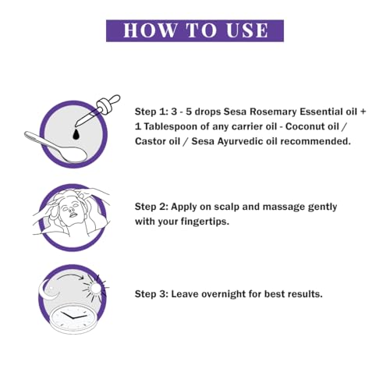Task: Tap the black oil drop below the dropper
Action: [x=76, y=134]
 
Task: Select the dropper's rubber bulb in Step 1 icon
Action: [x=114, y=99]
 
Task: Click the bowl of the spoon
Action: [x=74, y=154]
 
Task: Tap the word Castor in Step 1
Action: [x=150, y=141]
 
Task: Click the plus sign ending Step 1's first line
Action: [x=363, y=112]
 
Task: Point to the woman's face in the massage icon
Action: [x=70, y=209]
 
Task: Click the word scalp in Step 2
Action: [x=226, y=207]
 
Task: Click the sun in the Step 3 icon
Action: [x=96, y=288]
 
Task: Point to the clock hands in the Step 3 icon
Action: [x=73, y=317]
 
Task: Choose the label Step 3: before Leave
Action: [x=152, y=294]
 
